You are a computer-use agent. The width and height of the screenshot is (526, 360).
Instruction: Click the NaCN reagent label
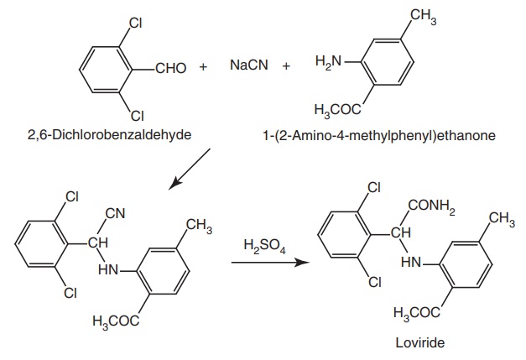247,65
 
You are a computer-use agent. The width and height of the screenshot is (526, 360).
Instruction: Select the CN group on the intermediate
117,213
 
